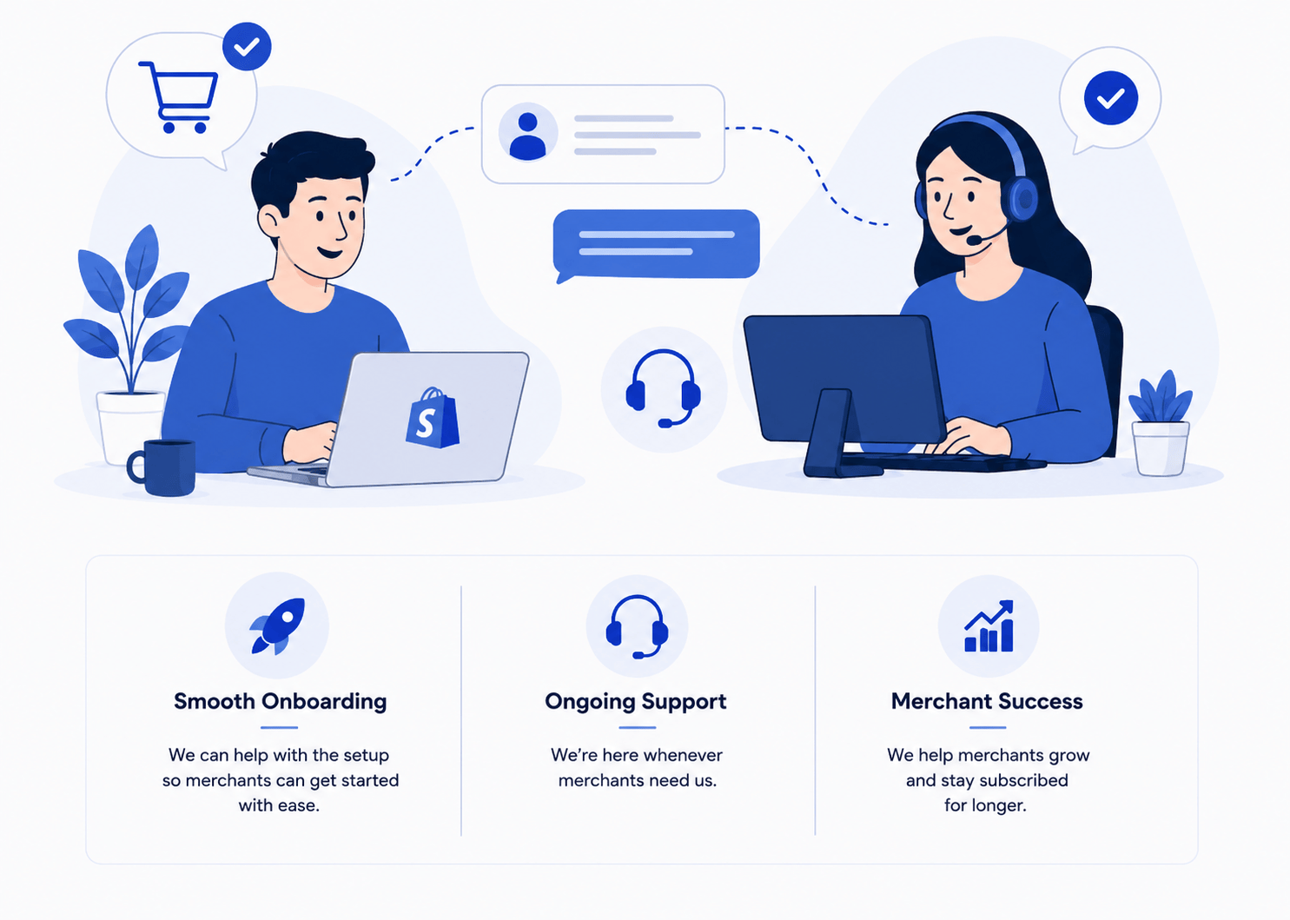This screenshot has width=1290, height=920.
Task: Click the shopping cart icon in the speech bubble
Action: tap(179, 96)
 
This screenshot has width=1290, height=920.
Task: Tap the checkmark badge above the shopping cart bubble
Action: tap(247, 47)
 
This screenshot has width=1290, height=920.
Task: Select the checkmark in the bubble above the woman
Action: tap(1111, 98)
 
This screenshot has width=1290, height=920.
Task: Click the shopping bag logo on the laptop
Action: tap(433, 418)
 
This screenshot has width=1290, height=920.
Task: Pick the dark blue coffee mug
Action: tap(162, 467)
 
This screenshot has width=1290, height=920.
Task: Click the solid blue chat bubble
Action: tap(656, 246)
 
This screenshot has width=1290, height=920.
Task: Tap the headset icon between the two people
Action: tap(664, 388)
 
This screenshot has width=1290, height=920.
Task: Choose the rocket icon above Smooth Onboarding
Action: tap(278, 626)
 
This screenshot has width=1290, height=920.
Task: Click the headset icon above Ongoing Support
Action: tap(637, 626)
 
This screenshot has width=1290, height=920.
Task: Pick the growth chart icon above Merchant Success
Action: tap(989, 626)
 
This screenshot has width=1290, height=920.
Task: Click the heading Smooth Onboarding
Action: tap(280, 702)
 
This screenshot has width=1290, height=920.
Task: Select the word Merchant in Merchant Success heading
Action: tap(942, 701)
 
